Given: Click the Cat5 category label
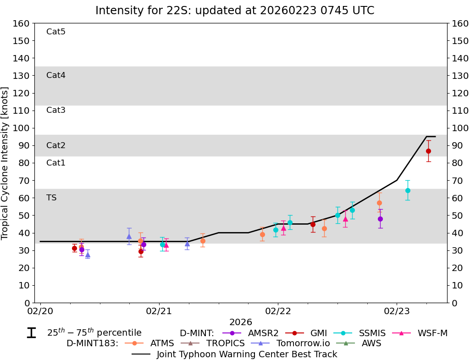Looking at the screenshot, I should [x=56, y=32].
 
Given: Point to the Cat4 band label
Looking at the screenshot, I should [x=56, y=75].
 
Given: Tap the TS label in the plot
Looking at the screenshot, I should [x=51, y=198].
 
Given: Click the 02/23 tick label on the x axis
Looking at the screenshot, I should [x=397, y=311].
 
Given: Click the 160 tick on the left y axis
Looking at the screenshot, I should [x=22, y=23].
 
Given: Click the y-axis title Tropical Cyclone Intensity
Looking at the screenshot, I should [x=6, y=163].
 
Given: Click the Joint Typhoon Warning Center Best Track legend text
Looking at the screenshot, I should [x=247, y=354].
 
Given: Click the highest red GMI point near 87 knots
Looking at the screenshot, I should [x=428, y=151].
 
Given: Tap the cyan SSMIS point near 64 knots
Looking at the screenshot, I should [x=408, y=190].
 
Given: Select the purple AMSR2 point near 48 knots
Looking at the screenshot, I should [x=380, y=219].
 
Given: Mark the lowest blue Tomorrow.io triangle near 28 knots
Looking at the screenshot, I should [x=88, y=255].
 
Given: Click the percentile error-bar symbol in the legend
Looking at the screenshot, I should [x=31, y=333].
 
